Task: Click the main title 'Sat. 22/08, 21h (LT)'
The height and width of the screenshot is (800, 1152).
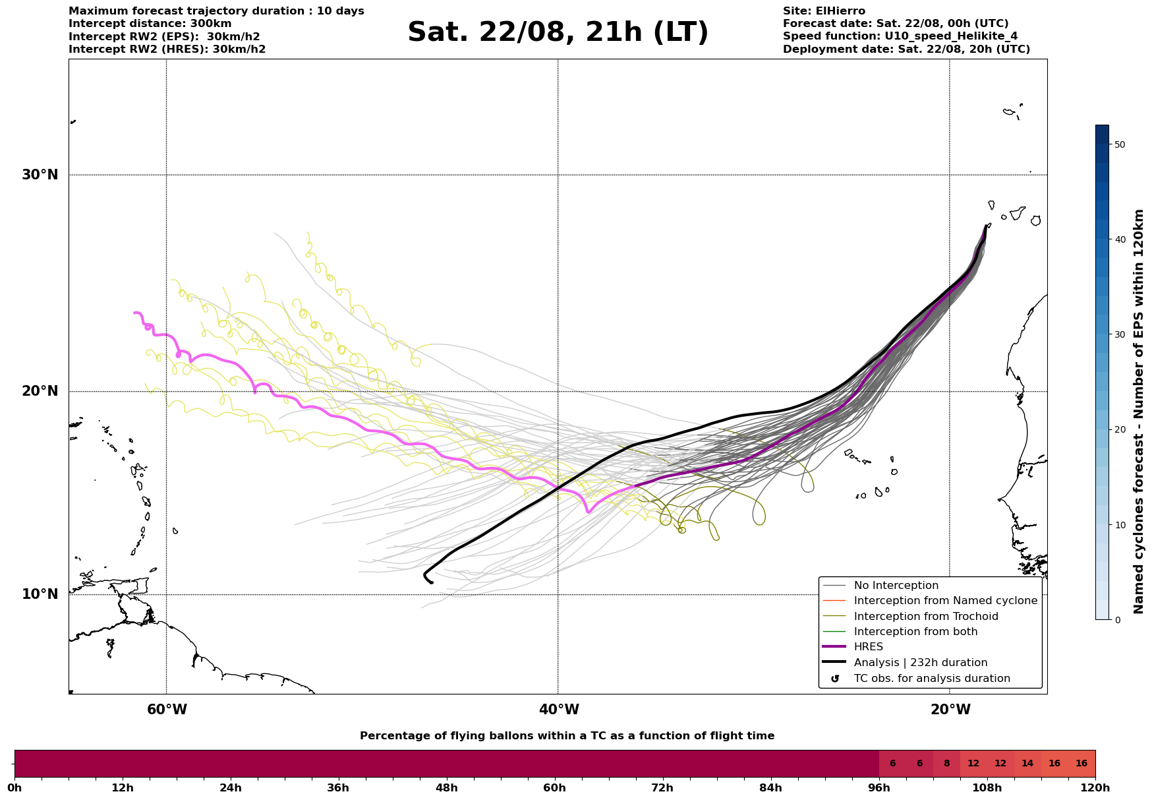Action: (x=558, y=32)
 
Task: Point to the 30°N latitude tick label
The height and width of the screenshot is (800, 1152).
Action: (x=40, y=175)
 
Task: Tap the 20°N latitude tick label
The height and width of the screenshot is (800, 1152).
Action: (x=40, y=391)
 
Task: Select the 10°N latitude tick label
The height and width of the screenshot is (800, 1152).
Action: (x=40, y=594)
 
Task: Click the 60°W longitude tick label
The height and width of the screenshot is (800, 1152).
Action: (x=167, y=710)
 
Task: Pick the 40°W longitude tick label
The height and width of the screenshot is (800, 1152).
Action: (x=559, y=710)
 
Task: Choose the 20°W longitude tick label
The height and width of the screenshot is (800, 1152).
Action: (x=950, y=710)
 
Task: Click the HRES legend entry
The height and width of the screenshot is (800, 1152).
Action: (x=868, y=647)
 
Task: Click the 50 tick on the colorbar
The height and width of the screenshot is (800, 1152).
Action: (x=1119, y=144)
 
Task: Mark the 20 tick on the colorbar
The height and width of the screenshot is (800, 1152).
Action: (x=1119, y=429)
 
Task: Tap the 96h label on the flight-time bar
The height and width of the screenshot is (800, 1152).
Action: (x=879, y=787)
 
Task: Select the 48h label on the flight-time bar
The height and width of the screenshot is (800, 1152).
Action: (x=447, y=787)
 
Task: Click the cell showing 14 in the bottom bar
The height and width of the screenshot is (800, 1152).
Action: (x=1027, y=764)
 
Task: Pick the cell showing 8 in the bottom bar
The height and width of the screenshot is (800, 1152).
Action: (x=946, y=764)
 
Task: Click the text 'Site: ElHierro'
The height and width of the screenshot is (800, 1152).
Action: (x=824, y=11)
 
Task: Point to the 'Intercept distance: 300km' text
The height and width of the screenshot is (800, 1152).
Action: (x=150, y=24)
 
